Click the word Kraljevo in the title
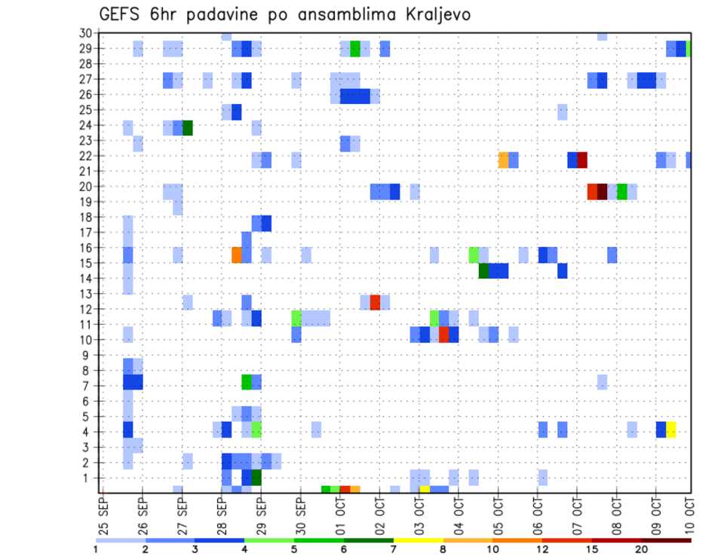pyautogui.click(x=431, y=14)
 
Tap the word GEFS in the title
pyautogui.click(x=121, y=14)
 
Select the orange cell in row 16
pyautogui.click(x=237, y=255)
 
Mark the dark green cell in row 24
pyautogui.click(x=188, y=128)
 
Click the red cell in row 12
pyautogui.click(x=375, y=302)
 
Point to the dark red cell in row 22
pyautogui.click(x=582, y=160)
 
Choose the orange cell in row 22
pyautogui.click(x=503, y=160)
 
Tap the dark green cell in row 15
pyautogui.click(x=483, y=270)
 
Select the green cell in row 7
pyautogui.click(x=247, y=382)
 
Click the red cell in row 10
pyautogui.click(x=444, y=334)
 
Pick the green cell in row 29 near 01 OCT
pyautogui.click(x=355, y=49)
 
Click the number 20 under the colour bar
pyautogui.click(x=642, y=549)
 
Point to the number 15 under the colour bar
pyautogui.click(x=592, y=549)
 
